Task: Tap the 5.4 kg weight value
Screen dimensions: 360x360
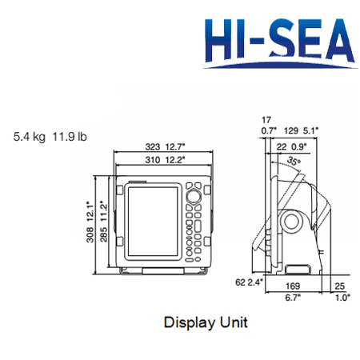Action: [x=29, y=137]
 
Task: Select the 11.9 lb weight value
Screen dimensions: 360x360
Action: [x=70, y=137]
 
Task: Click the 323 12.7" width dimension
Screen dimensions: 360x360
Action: [x=164, y=146]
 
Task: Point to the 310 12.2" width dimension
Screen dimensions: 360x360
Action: [x=164, y=160]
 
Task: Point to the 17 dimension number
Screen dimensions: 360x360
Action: [x=266, y=118]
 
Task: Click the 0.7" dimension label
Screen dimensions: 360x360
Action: [x=266, y=130]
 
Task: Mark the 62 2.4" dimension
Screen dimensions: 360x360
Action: [x=247, y=282]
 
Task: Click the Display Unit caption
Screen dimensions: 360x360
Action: [x=206, y=323]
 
